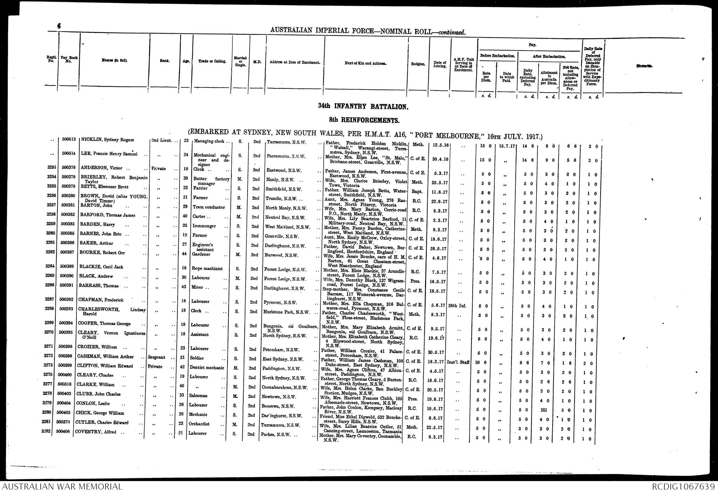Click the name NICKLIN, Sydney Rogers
(108, 140)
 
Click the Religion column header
(418, 64)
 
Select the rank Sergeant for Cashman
(156, 357)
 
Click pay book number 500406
(63, 432)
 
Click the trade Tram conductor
(209, 207)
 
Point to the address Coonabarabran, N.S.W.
(284, 388)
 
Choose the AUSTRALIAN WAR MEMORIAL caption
(62, 487)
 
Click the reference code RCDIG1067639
(683, 487)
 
